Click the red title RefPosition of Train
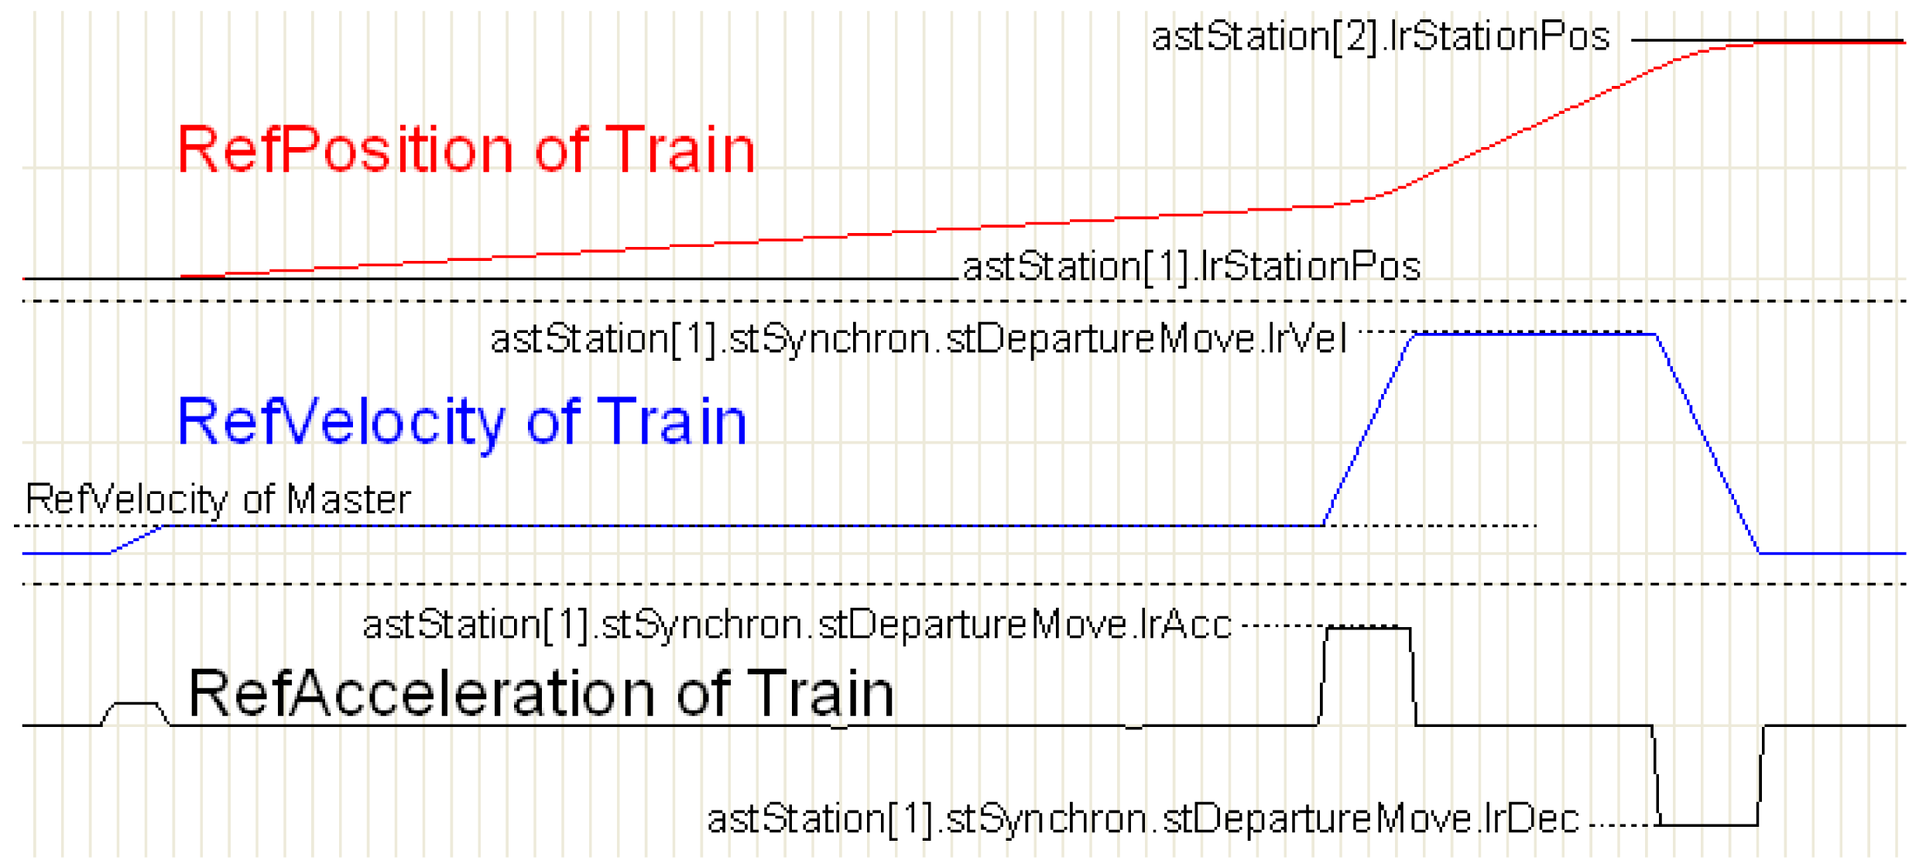pos(466,149)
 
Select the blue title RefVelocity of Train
pos(462,422)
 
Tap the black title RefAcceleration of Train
pos(541,693)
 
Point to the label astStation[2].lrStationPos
pos(1380,37)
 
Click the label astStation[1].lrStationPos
pos(1191,267)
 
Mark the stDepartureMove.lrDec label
pos(1143,819)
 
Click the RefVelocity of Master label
pos(218,499)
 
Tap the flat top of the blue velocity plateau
pos(1535,334)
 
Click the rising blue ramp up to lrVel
pos(1369,430)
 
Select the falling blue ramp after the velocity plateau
pos(1708,444)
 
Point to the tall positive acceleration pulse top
pos(1368,628)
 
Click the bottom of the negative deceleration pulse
pos(1709,825)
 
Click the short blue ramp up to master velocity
pos(135,540)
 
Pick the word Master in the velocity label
pos(348,499)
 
